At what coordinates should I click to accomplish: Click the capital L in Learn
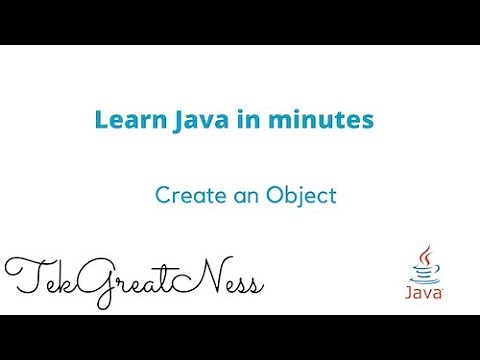(101, 121)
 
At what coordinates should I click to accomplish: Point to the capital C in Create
(162, 196)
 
